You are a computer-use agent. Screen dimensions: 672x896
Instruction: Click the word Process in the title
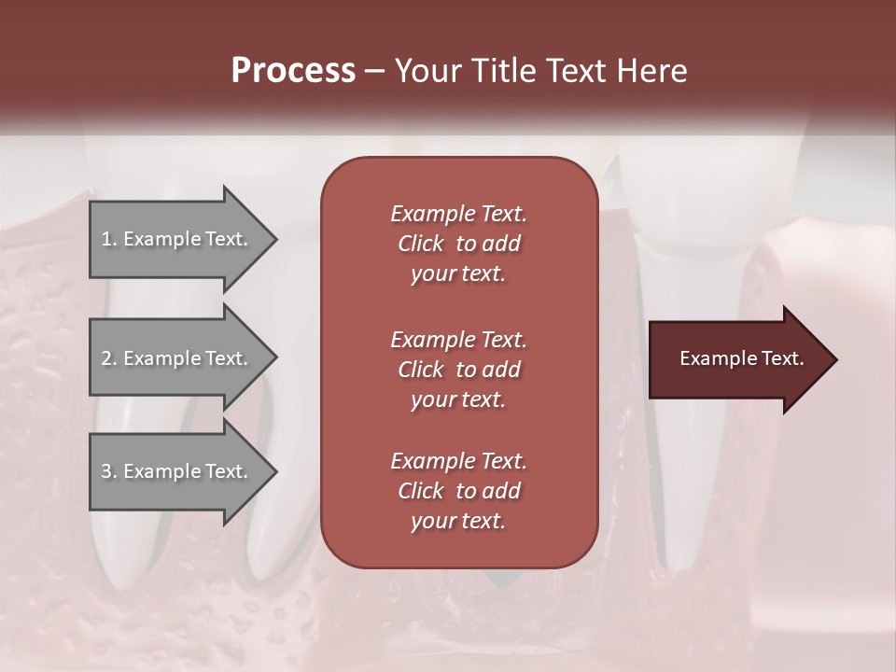(293, 71)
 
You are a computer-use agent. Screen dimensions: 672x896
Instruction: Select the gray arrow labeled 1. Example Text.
(177, 239)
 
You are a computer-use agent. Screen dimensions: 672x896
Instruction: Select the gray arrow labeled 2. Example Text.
(177, 358)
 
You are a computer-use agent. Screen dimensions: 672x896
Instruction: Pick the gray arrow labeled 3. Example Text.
(177, 471)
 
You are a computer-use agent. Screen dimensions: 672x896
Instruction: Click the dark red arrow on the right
(737, 359)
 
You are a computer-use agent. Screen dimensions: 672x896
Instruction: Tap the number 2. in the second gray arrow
(109, 358)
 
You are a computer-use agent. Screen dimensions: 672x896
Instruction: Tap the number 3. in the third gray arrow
(109, 471)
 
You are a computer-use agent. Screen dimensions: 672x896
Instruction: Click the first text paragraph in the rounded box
(458, 244)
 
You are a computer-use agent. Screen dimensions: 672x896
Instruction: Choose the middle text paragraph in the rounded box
(458, 370)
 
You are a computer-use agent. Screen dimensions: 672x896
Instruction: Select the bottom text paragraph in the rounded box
(458, 491)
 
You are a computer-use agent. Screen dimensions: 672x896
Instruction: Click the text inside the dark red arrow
(741, 358)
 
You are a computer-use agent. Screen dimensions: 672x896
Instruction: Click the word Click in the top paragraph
(421, 244)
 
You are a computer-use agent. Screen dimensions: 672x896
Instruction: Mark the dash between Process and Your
(375, 71)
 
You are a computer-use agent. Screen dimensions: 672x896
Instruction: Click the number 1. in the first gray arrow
(108, 239)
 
